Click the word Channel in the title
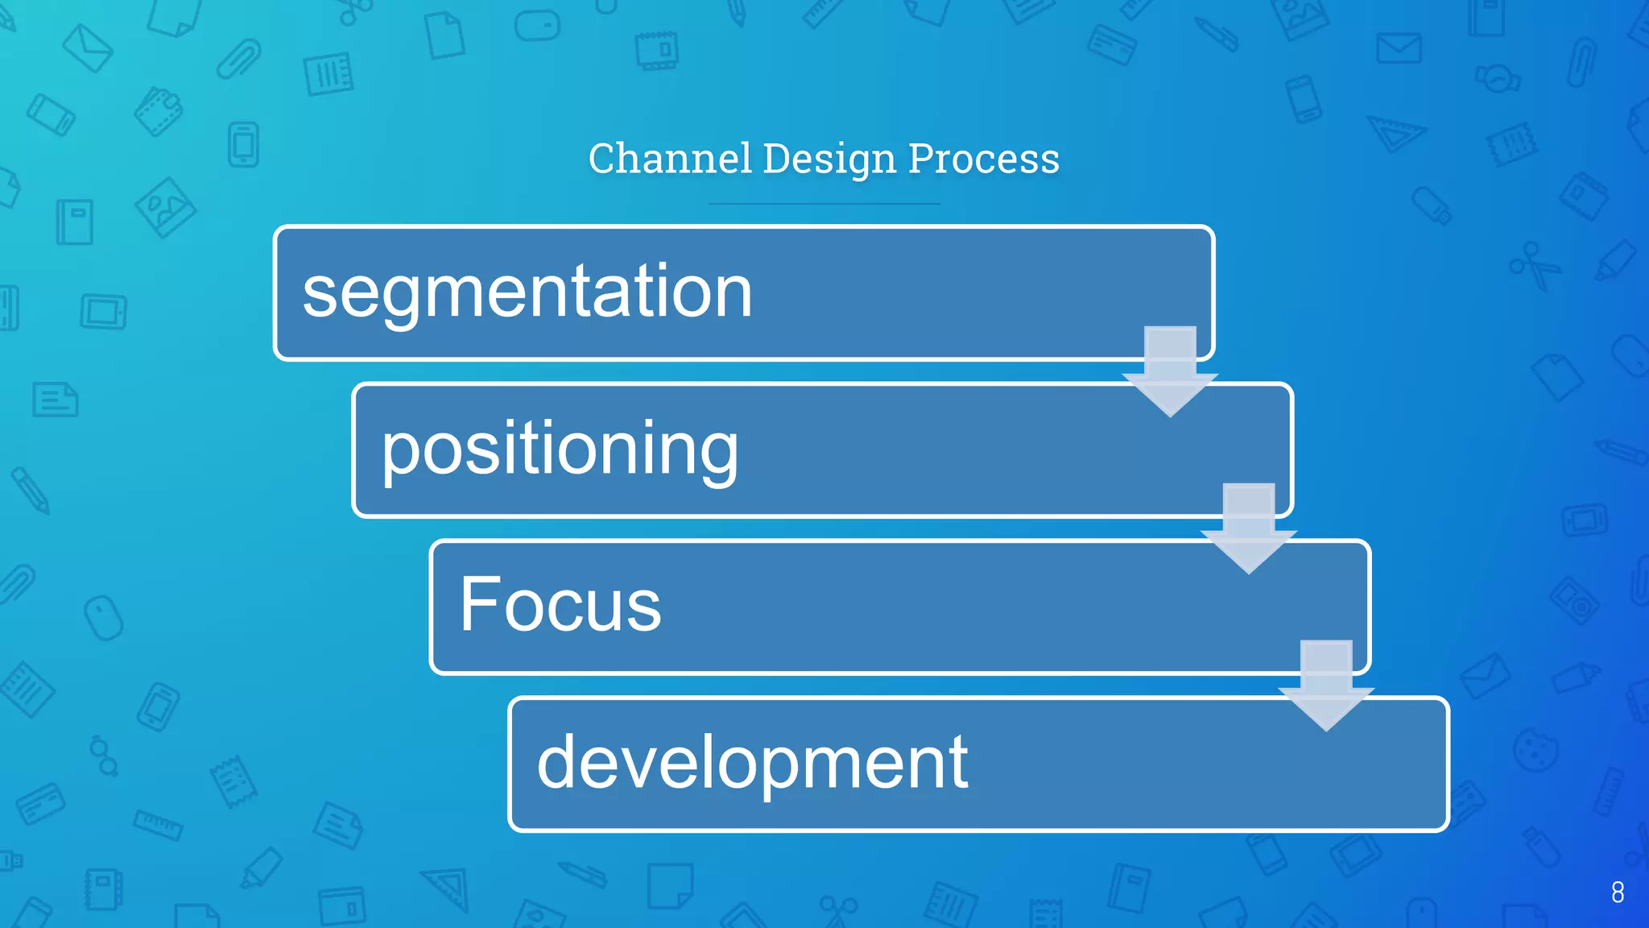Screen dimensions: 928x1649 pos(670,159)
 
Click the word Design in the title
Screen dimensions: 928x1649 pos(829,159)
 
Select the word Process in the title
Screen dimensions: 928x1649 pos(983,159)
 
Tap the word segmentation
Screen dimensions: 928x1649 pos(527,292)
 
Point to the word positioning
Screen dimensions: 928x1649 pos(560,449)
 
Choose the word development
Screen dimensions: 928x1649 pos(752,762)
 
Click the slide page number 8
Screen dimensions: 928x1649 pos(1618,893)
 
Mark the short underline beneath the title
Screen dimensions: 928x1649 pos(824,204)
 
